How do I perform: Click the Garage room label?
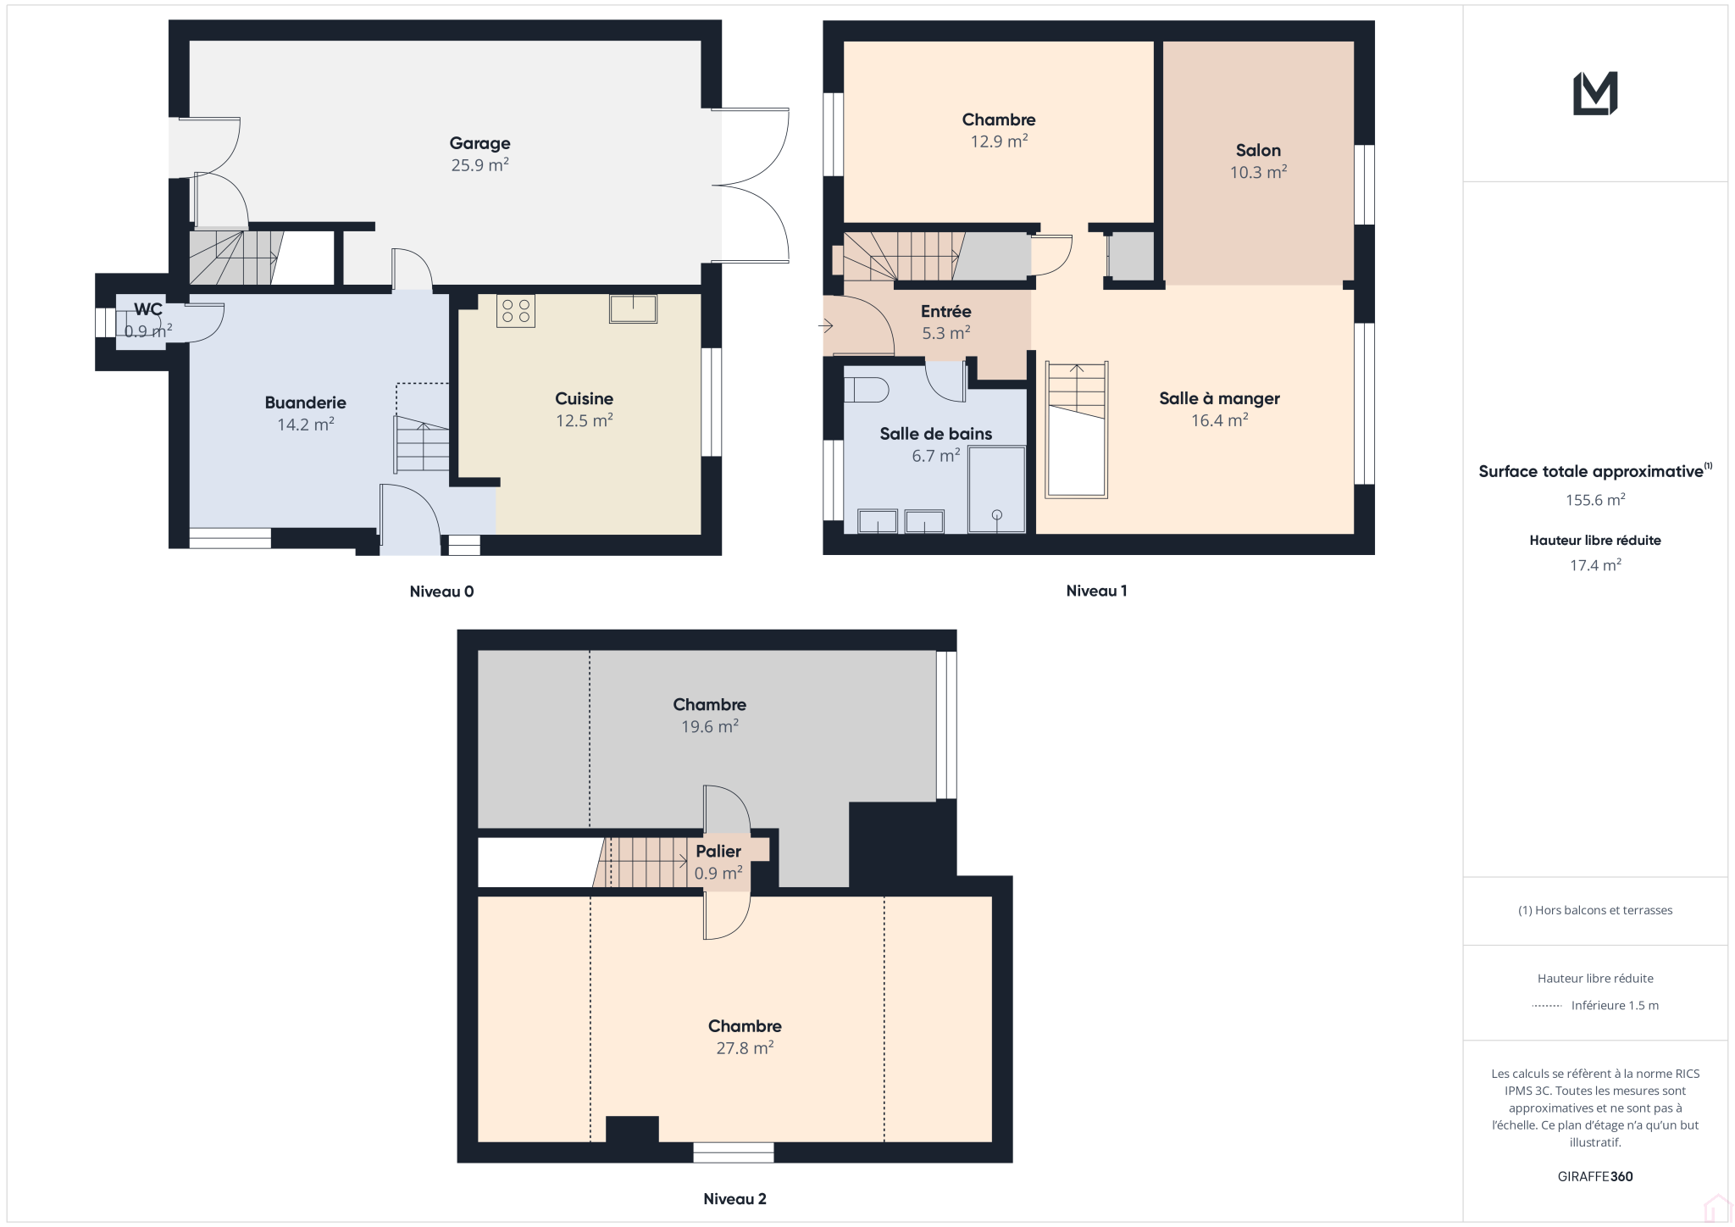click(479, 143)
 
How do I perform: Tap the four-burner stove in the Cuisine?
click(516, 311)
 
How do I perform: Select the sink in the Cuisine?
click(633, 308)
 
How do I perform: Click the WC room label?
click(148, 309)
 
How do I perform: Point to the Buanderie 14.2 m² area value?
click(306, 424)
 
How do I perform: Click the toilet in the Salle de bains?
click(867, 390)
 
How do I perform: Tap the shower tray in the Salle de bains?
click(997, 490)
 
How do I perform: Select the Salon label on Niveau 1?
click(1258, 150)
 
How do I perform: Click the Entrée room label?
click(945, 311)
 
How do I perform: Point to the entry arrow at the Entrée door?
click(826, 325)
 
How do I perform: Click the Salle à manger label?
click(1219, 398)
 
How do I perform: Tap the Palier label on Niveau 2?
click(718, 851)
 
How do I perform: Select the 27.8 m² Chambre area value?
click(745, 1047)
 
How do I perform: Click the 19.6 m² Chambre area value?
click(710, 726)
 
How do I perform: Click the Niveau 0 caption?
click(441, 591)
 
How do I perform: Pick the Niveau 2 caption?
click(734, 1198)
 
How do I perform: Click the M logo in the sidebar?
click(1595, 93)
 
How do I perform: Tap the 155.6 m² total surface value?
click(1595, 500)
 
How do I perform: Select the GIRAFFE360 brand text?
click(1595, 1176)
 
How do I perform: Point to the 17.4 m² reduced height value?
click(1595, 565)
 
